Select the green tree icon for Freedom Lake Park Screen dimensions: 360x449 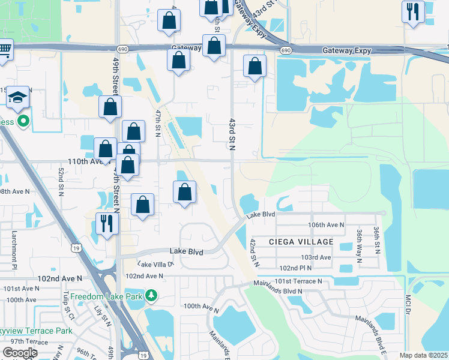pos(152,295)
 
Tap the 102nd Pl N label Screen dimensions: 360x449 pos(297,268)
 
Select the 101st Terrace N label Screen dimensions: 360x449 pos(298,281)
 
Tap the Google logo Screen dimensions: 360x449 pos(20,353)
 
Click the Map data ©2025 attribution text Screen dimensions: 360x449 pos(423,355)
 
